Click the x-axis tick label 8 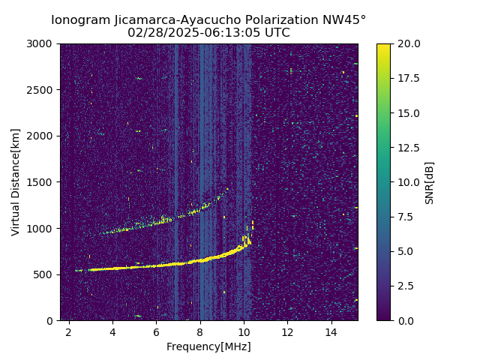pos(200,331)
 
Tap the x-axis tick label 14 pos(331,331)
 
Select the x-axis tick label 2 pos(69,331)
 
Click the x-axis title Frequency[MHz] pos(208,346)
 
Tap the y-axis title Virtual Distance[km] pos(16,182)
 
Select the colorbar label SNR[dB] pos(430,182)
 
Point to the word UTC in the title pos(277,33)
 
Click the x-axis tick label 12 pos(287,331)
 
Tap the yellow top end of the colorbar pos(383,46)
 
